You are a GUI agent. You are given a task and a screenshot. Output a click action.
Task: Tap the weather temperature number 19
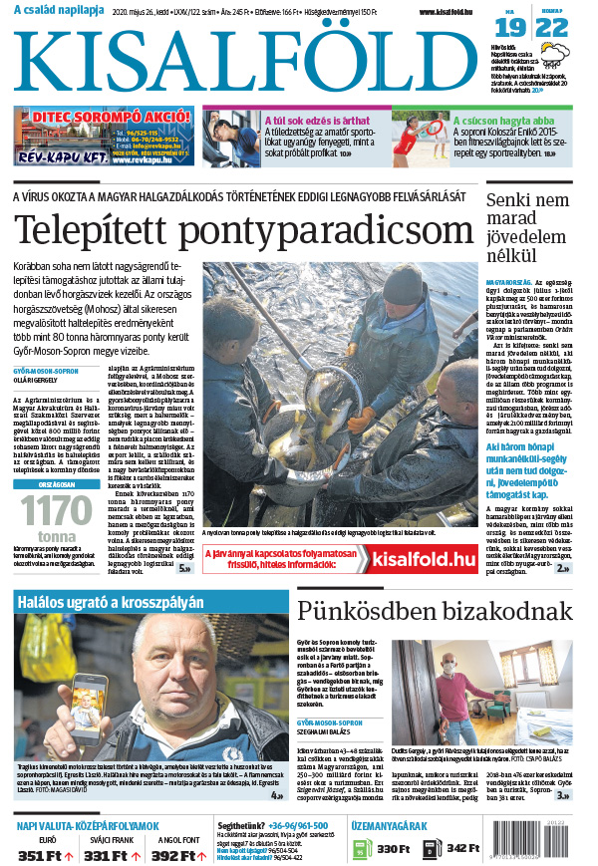(516, 27)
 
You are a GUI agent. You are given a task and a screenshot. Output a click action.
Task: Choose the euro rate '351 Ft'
(40, 854)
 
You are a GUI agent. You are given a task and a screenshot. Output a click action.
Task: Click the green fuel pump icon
(359, 848)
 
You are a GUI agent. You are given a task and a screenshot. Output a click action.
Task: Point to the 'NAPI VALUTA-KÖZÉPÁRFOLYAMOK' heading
(87, 827)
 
